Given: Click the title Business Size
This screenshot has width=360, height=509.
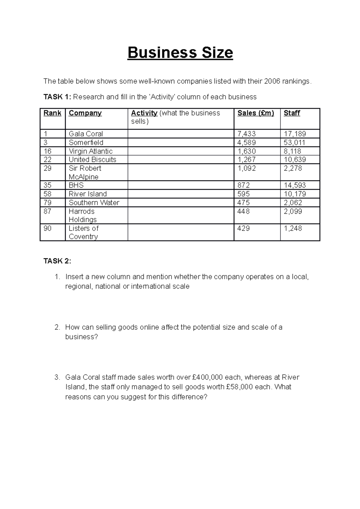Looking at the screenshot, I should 180,53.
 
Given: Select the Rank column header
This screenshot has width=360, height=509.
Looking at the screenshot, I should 52,113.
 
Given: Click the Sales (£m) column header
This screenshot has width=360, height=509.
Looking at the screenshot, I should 256,113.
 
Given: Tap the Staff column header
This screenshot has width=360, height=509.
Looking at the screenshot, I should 292,113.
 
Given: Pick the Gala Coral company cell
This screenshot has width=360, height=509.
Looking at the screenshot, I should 86,134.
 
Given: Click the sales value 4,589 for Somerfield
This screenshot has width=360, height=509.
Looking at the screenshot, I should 247,142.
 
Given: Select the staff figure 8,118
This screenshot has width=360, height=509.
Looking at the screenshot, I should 292,151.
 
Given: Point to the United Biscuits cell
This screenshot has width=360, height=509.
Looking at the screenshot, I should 92,159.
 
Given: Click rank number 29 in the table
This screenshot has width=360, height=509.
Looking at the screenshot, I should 47,168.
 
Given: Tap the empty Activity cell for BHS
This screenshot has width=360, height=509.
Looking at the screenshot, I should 181,185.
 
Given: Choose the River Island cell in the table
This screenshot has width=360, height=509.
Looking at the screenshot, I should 88,194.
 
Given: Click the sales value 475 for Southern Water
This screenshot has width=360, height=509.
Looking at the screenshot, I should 244,203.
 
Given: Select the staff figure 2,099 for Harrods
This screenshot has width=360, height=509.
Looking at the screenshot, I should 293,211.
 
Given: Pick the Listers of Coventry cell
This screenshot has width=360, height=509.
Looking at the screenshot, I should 83,232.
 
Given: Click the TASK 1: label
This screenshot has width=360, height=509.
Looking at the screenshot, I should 57,97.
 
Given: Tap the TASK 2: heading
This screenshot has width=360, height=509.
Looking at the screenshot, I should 57,261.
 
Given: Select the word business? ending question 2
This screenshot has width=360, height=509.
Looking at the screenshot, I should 82,337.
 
